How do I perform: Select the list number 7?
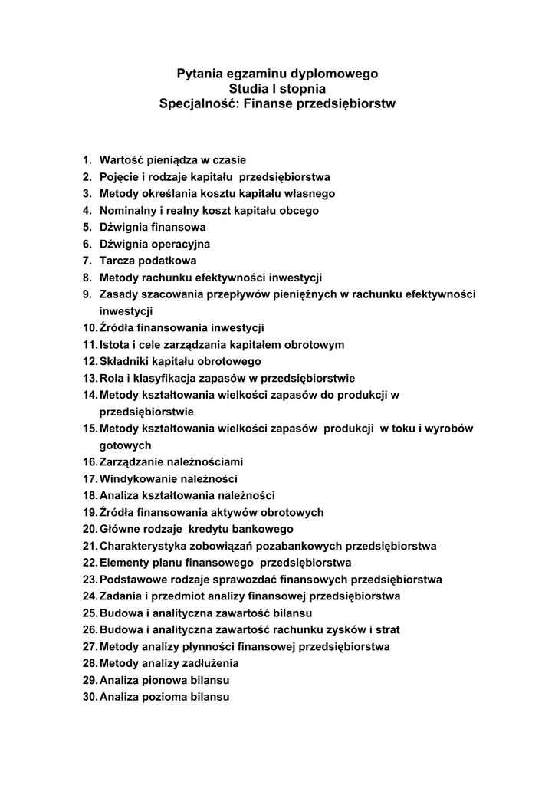87,261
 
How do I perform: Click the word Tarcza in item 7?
117,261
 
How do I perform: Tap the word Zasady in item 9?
119,294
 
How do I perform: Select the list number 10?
90,328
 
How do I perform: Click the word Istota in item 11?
114,345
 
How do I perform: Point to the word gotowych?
125,445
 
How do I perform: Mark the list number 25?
90,613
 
